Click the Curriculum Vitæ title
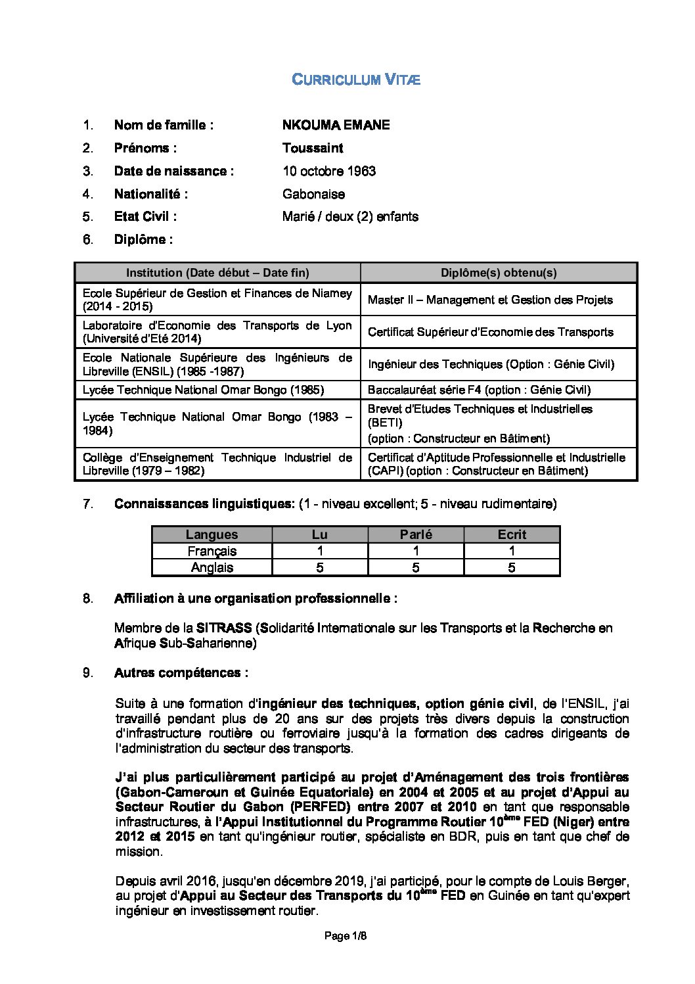pos(355,80)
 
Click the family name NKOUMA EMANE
pos(336,125)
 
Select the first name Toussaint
pos(313,148)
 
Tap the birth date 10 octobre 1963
pos(329,171)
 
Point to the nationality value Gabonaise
pos(313,194)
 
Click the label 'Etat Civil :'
pos(145,216)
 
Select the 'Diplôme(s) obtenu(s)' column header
pos(499,273)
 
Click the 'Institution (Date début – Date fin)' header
pos(217,273)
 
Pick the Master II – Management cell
pos(490,300)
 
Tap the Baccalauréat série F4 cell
pos(479,390)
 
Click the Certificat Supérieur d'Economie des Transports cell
pos(490,332)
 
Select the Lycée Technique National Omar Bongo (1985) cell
pos(203,390)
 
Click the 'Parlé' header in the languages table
pos(416,534)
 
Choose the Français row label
pos(212,551)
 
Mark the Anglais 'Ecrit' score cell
pos(512,567)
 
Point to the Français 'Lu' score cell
pos(320,551)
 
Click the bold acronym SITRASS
pos(223,628)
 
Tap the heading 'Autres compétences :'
pos(181,672)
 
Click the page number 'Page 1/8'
pos(346,936)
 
